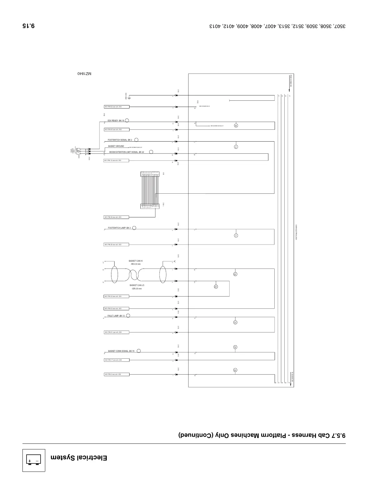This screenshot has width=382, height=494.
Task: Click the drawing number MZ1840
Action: click(x=85, y=74)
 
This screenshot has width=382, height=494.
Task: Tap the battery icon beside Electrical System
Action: click(x=34, y=460)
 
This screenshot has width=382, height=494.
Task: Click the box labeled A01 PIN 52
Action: click(x=116, y=107)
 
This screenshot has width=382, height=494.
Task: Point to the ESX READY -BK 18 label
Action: click(x=116, y=121)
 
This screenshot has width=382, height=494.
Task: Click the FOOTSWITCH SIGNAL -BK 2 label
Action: click(x=120, y=140)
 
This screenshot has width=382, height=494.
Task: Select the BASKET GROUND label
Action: click(x=116, y=146)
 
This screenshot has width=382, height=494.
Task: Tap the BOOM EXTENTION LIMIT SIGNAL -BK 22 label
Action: click(x=126, y=152)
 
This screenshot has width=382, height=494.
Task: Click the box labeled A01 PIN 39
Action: click(x=116, y=217)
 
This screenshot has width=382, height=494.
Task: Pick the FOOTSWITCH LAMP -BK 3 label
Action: click(x=119, y=228)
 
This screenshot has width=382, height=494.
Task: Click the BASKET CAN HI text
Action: click(x=135, y=261)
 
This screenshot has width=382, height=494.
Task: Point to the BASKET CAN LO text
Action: click(x=137, y=285)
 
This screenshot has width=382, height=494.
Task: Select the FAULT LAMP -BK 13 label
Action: click(x=116, y=316)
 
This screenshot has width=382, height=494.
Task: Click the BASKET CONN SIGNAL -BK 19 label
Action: click(x=121, y=351)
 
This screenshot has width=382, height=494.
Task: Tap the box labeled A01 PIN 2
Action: click(x=116, y=374)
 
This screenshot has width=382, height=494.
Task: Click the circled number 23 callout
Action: click(x=216, y=287)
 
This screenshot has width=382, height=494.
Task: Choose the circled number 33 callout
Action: click(x=235, y=370)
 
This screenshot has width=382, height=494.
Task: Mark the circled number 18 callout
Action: click(x=236, y=126)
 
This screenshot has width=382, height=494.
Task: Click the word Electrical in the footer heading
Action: click(x=93, y=458)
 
